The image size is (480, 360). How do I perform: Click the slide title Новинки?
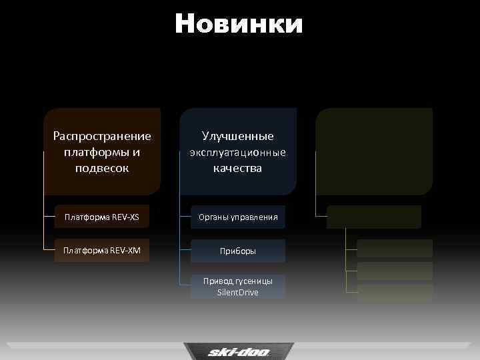click(239, 24)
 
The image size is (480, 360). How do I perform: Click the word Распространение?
click(102, 136)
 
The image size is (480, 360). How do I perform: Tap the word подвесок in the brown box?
click(102, 168)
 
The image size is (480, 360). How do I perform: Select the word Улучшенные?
click(238, 136)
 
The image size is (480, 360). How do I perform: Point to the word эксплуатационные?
click(238, 152)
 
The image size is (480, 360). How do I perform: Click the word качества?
click(238, 168)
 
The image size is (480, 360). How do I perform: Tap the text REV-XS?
click(126, 217)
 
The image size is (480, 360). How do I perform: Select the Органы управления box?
click(238, 217)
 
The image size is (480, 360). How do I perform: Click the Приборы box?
click(238, 251)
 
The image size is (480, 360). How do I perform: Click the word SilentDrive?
click(238, 293)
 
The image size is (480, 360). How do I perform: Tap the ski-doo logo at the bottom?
click(239, 351)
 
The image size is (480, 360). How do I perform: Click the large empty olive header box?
click(374, 151)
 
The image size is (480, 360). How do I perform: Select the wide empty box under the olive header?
click(374, 217)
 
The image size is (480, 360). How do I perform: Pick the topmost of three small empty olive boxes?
click(395, 248)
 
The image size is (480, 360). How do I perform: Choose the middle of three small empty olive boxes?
click(395, 271)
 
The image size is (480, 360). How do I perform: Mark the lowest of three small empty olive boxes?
click(395, 292)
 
